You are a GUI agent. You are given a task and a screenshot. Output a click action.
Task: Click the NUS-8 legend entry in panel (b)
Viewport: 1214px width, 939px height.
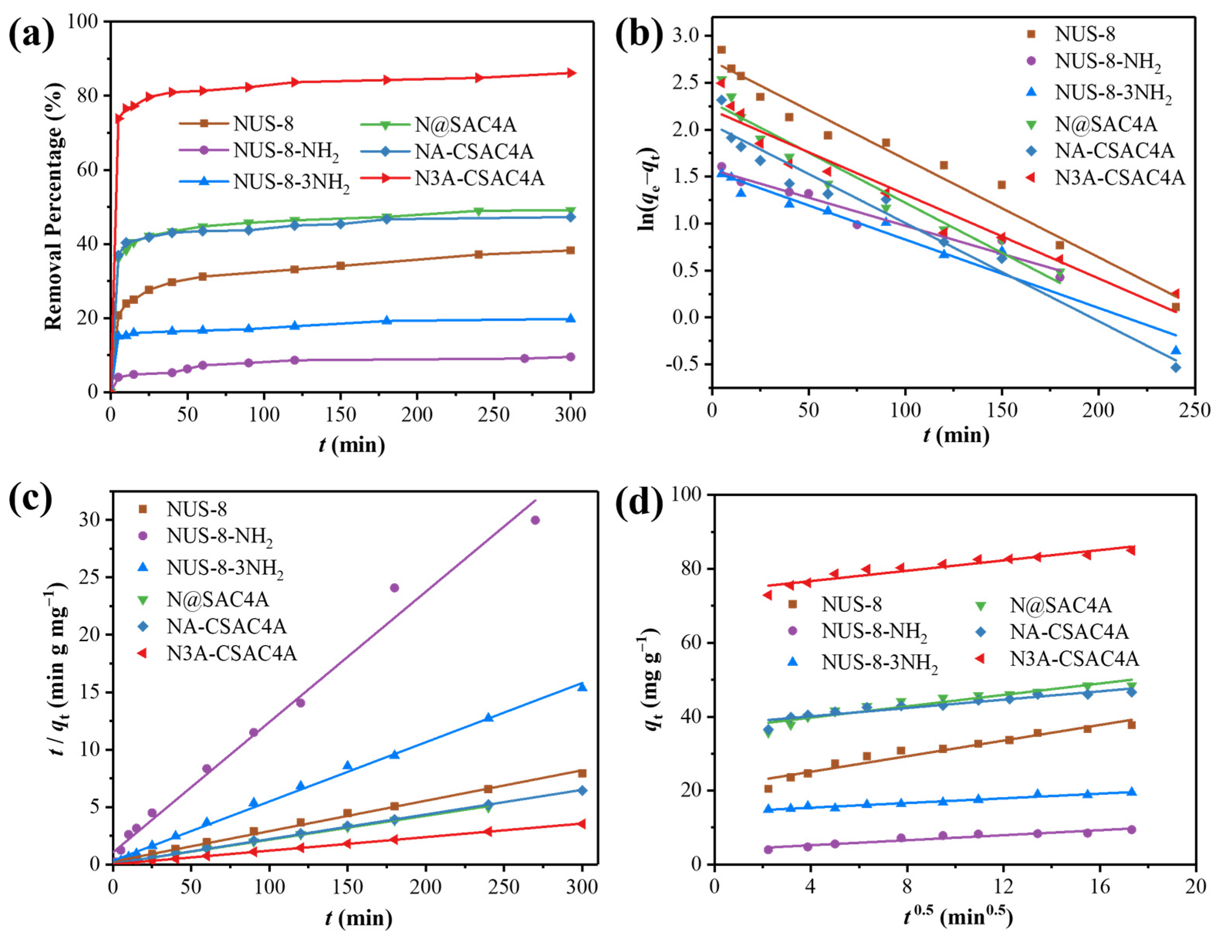[1084, 34]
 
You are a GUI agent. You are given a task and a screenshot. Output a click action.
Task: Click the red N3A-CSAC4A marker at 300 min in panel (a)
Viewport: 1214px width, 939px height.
[570, 73]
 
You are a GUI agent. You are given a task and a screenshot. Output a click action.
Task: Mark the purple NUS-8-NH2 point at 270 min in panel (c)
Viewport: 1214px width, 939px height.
[535, 520]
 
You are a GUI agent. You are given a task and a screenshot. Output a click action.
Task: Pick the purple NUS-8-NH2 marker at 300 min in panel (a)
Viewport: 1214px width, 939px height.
[570, 357]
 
